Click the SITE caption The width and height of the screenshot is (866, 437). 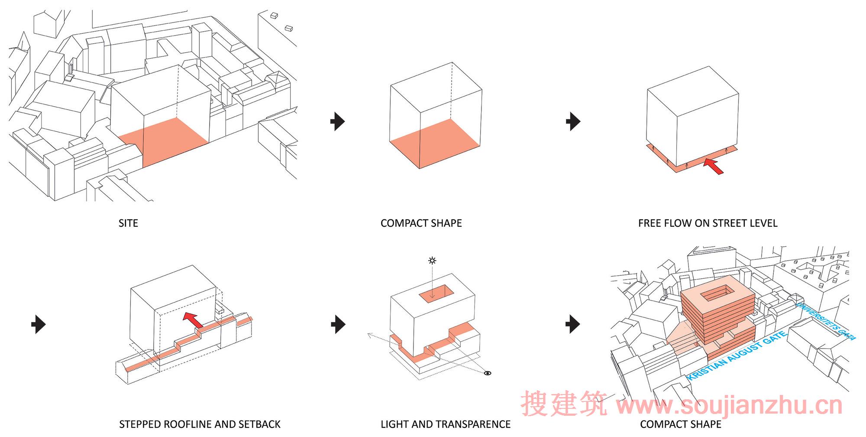[x=128, y=223]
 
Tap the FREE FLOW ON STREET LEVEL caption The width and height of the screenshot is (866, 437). [x=708, y=223]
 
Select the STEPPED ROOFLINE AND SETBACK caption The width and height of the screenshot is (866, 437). [x=200, y=424]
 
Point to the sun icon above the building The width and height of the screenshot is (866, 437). [x=432, y=261]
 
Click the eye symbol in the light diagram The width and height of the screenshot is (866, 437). [x=488, y=373]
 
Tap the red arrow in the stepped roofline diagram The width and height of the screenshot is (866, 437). [x=192, y=320]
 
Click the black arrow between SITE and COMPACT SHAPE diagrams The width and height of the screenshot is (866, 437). [x=338, y=121]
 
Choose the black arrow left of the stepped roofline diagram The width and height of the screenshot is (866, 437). [x=39, y=324]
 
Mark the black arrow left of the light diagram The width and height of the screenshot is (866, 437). [x=338, y=324]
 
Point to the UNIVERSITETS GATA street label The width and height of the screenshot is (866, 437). [x=826, y=321]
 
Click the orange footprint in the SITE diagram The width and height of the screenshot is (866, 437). [x=164, y=141]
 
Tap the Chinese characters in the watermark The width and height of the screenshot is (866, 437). [x=564, y=404]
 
